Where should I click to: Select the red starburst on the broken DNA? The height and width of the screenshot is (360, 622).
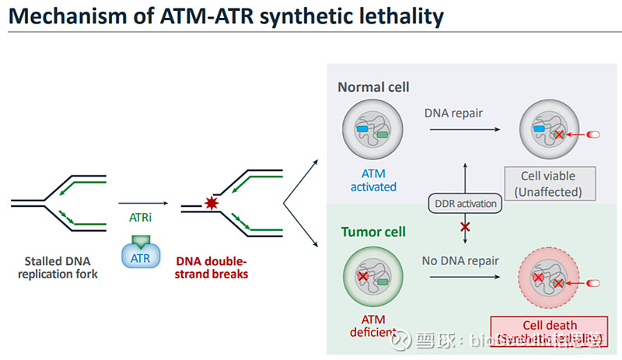pos(210,204)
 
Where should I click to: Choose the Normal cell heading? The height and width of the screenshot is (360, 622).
pos(373,87)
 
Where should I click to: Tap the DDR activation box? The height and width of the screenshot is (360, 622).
pos(464,204)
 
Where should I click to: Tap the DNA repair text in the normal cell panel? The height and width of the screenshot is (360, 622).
pos(453,114)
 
